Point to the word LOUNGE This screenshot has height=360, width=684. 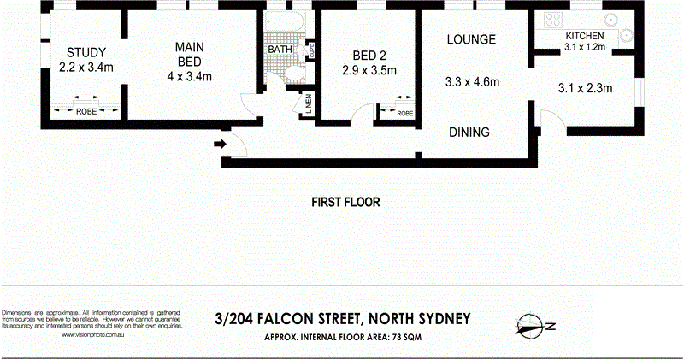coord(471,40)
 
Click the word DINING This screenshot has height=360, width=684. coord(470,133)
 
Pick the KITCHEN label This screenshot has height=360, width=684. coord(585,36)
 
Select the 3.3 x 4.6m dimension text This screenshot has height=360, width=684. coord(472,83)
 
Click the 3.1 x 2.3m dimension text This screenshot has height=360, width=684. coord(587,87)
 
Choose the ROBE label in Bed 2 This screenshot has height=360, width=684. coord(404,113)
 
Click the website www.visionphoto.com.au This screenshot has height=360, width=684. coord(95,335)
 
